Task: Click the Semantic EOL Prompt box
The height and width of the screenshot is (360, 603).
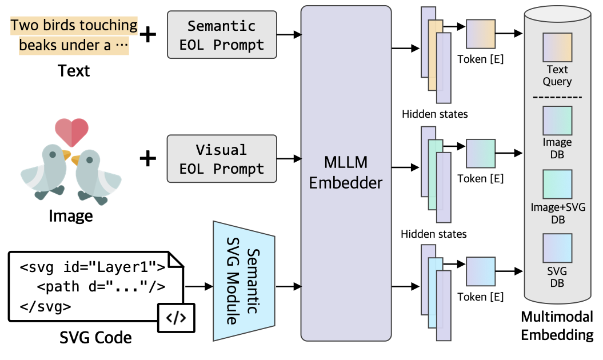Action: pyautogui.click(x=222, y=35)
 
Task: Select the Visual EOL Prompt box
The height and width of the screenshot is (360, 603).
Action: pyautogui.click(x=222, y=159)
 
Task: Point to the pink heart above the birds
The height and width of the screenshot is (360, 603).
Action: pyautogui.click(x=71, y=132)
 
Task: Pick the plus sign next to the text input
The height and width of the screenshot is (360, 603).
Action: pyautogui.click(x=148, y=35)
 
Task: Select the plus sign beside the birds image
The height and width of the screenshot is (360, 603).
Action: pyautogui.click(x=148, y=158)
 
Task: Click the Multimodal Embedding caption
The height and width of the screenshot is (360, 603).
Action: pyautogui.click(x=557, y=325)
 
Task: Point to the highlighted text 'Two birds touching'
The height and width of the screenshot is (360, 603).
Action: pyautogui.click(x=74, y=25)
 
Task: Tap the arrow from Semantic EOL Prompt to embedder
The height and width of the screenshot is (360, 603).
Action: pyautogui.click(x=289, y=35)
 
